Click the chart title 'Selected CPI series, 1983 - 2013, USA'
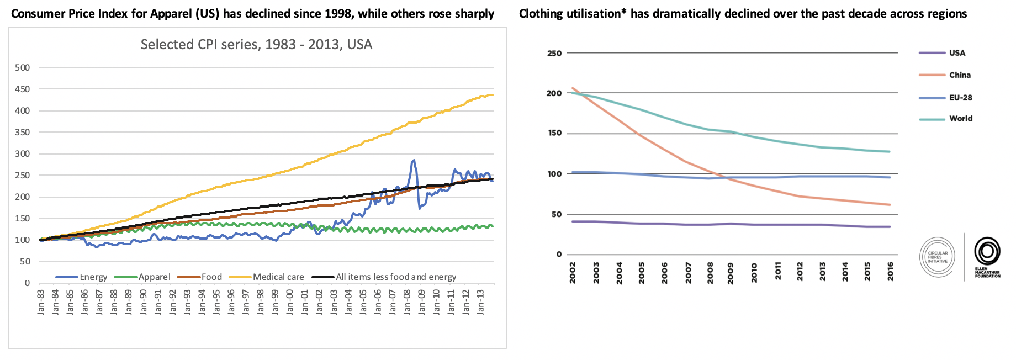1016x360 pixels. tap(256, 45)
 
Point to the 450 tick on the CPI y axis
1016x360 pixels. tap(23, 89)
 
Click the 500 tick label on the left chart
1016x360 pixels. tap(23, 68)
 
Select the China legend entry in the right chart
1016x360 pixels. tap(960, 75)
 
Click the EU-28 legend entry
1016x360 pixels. tap(960, 98)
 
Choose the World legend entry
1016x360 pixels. tap(961, 119)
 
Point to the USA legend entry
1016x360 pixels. tap(957, 53)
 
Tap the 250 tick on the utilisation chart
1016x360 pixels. tap(554, 54)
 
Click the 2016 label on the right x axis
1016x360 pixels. tap(890, 272)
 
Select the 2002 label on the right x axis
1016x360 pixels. tap(573, 272)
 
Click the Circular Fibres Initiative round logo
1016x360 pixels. tap(938, 257)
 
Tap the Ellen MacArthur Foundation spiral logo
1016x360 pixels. tap(987, 252)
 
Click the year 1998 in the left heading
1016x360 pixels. tap(340, 14)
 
